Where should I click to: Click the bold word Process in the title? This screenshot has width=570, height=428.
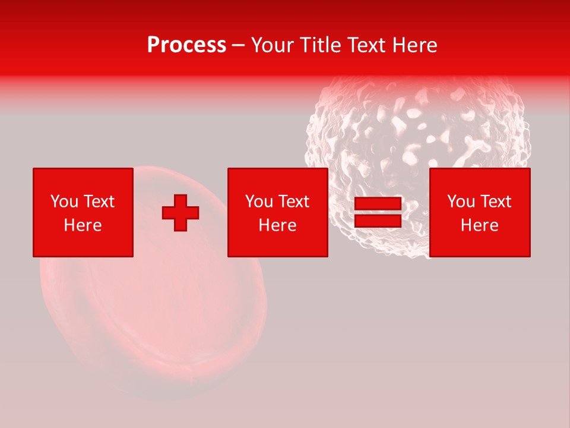pos(186,45)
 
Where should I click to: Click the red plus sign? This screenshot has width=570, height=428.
pos(180,213)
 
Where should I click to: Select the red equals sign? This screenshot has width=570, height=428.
pos(378,213)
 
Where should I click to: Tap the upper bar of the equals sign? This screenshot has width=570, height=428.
pos(378,204)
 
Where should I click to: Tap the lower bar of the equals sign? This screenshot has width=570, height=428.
pos(378,221)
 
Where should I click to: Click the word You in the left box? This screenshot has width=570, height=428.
pos(64,202)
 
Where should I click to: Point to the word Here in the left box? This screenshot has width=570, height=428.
pos(83,225)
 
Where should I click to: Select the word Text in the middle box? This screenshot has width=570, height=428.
pos(294,202)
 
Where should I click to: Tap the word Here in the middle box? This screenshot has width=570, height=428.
pos(278,225)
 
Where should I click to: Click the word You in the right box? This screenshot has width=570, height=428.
pos(461,202)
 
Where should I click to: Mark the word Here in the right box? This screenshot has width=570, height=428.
pos(480,225)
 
